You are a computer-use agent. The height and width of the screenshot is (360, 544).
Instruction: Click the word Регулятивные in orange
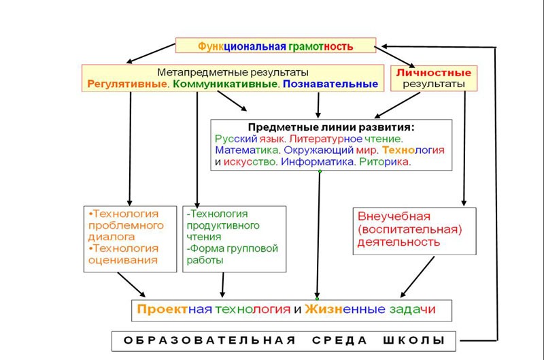pyautogui.click(x=127, y=84)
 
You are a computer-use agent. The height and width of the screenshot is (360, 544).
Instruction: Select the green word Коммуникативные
pyautogui.click(x=225, y=84)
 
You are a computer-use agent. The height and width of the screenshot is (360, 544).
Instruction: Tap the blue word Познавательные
pyautogui.click(x=330, y=84)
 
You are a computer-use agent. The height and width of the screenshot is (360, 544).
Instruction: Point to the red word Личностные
pyautogui.click(x=434, y=73)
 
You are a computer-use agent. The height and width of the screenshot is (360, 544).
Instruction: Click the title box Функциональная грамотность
pyautogui.click(x=275, y=46)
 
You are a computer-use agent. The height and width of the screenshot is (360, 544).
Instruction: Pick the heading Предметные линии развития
pyautogui.click(x=331, y=127)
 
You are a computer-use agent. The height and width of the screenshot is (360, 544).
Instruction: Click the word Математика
pyautogui.click(x=246, y=150)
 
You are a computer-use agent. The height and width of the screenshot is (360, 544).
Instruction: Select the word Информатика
pyautogui.click(x=317, y=162)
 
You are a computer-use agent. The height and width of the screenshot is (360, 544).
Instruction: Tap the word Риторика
pyautogui.click(x=384, y=162)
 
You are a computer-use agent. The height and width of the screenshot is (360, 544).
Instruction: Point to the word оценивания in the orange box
pyautogui.click(x=123, y=260)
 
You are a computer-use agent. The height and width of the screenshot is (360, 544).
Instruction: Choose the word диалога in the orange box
pyautogui.click(x=112, y=237)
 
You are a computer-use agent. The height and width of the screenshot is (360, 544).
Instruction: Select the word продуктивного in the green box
pyautogui.click(x=223, y=226)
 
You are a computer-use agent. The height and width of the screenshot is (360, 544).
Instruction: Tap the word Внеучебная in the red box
pyautogui.click(x=394, y=216)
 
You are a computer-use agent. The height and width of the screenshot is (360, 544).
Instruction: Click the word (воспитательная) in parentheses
pyautogui.click(x=409, y=229)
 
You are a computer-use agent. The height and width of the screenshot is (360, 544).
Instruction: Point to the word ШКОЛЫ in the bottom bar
pyautogui.click(x=414, y=340)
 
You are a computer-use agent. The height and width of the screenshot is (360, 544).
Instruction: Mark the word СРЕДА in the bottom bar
pyautogui.click(x=339, y=340)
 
